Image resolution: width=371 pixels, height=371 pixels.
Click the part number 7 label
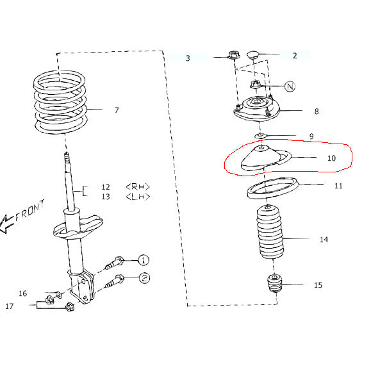point(117,110)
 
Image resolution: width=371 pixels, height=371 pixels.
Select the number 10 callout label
point(331,158)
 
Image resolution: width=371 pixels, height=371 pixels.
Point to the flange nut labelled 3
point(233,56)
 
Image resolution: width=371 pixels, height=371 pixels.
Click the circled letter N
point(289,86)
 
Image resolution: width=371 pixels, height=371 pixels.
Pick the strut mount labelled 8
point(258,111)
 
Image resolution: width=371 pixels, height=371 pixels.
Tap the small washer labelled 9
point(261,136)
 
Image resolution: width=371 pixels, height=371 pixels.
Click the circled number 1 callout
point(144,260)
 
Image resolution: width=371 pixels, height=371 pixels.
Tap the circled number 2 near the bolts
point(144,277)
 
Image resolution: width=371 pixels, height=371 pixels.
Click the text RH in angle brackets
point(138,187)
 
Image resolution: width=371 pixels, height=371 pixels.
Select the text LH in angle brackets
point(138,197)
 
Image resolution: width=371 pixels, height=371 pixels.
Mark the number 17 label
point(10,306)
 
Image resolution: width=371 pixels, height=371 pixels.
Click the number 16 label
point(22,293)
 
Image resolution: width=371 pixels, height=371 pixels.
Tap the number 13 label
point(105,197)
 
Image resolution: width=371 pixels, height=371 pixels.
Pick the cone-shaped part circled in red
point(260,160)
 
